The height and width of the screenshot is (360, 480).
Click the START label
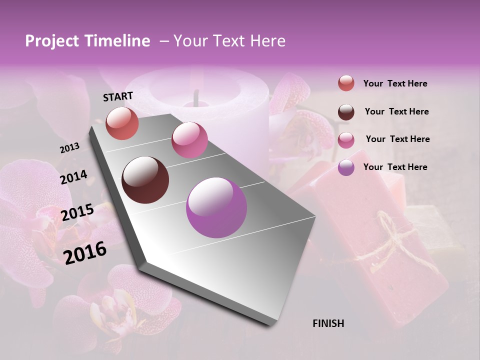point(118,96)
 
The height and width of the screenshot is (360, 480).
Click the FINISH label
point(328,323)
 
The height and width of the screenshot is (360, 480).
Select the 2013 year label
point(69,148)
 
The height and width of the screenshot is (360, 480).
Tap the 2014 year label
point(74,177)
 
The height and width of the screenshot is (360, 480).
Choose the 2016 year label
point(85,252)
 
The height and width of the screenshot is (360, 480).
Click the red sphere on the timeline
point(122,123)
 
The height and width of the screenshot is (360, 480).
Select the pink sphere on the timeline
point(189,140)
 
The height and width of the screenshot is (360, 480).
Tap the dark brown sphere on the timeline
point(145,180)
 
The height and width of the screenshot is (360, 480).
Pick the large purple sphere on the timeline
point(216,207)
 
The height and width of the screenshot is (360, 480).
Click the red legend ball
point(346,83)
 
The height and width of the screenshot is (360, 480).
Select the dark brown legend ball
point(346,111)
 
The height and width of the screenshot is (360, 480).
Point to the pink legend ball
point(346,139)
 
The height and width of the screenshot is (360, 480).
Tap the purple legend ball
point(346,167)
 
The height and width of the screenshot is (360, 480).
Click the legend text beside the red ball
point(395,83)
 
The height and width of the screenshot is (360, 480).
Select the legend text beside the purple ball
point(395,167)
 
